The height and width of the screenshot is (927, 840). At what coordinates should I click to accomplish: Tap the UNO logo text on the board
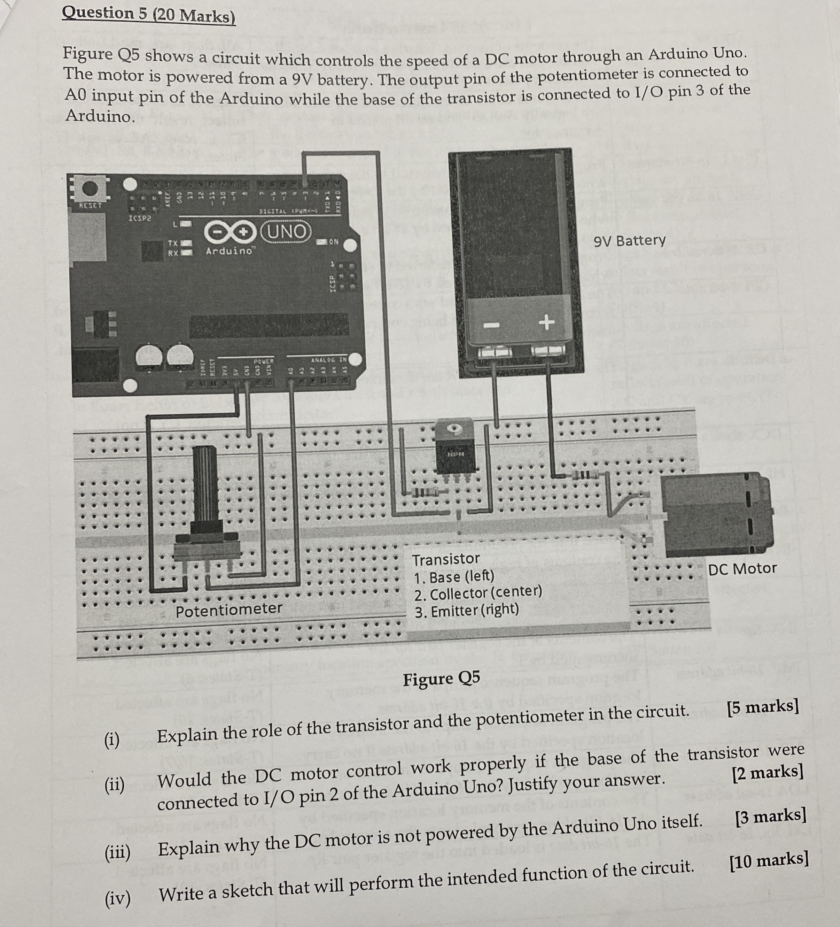[x=286, y=231]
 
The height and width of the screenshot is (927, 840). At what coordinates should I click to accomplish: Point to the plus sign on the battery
[x=546, y=322]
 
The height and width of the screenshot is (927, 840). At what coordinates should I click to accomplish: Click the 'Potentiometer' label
[x=228, y=610]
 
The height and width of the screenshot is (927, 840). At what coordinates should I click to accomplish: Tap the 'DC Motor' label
[x=742, y=569]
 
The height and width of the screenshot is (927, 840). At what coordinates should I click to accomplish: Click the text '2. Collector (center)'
[x=478, y=593]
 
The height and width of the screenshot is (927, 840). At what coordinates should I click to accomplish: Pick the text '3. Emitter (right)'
[x=466, y=611]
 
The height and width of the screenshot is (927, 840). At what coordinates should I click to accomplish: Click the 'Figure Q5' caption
[x=441, y=678]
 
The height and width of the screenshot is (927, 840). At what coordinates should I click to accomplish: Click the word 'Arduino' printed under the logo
[x=228, y=251]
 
